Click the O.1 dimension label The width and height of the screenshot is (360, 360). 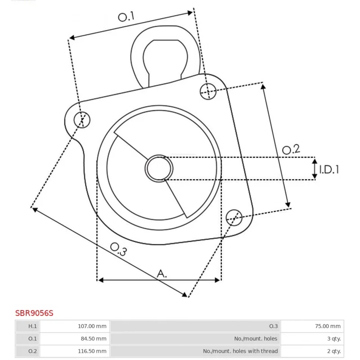(126, 17)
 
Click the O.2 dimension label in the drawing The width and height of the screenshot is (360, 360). (291, 149)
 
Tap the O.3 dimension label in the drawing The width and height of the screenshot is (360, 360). (118, 249)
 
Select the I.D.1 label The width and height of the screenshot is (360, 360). (329, 170)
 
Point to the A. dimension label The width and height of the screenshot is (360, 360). (162, 274)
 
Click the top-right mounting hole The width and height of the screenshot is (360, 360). (208, 91)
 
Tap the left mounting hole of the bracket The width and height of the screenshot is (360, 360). (82, 120)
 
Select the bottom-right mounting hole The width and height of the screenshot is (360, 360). (234, 217)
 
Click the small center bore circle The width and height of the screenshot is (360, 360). (159, 168)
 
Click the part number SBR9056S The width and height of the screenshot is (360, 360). (34, 313)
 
